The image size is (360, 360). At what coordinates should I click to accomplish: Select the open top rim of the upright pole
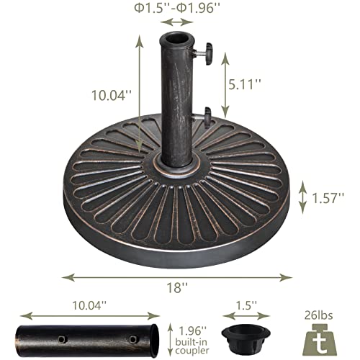pyautogui.click(x=176, y=37)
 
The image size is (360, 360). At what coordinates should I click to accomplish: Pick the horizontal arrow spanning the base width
pyautogui.click(x=177, y=275)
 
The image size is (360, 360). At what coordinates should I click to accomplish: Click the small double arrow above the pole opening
pyautogui.click(x=176, y=23)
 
